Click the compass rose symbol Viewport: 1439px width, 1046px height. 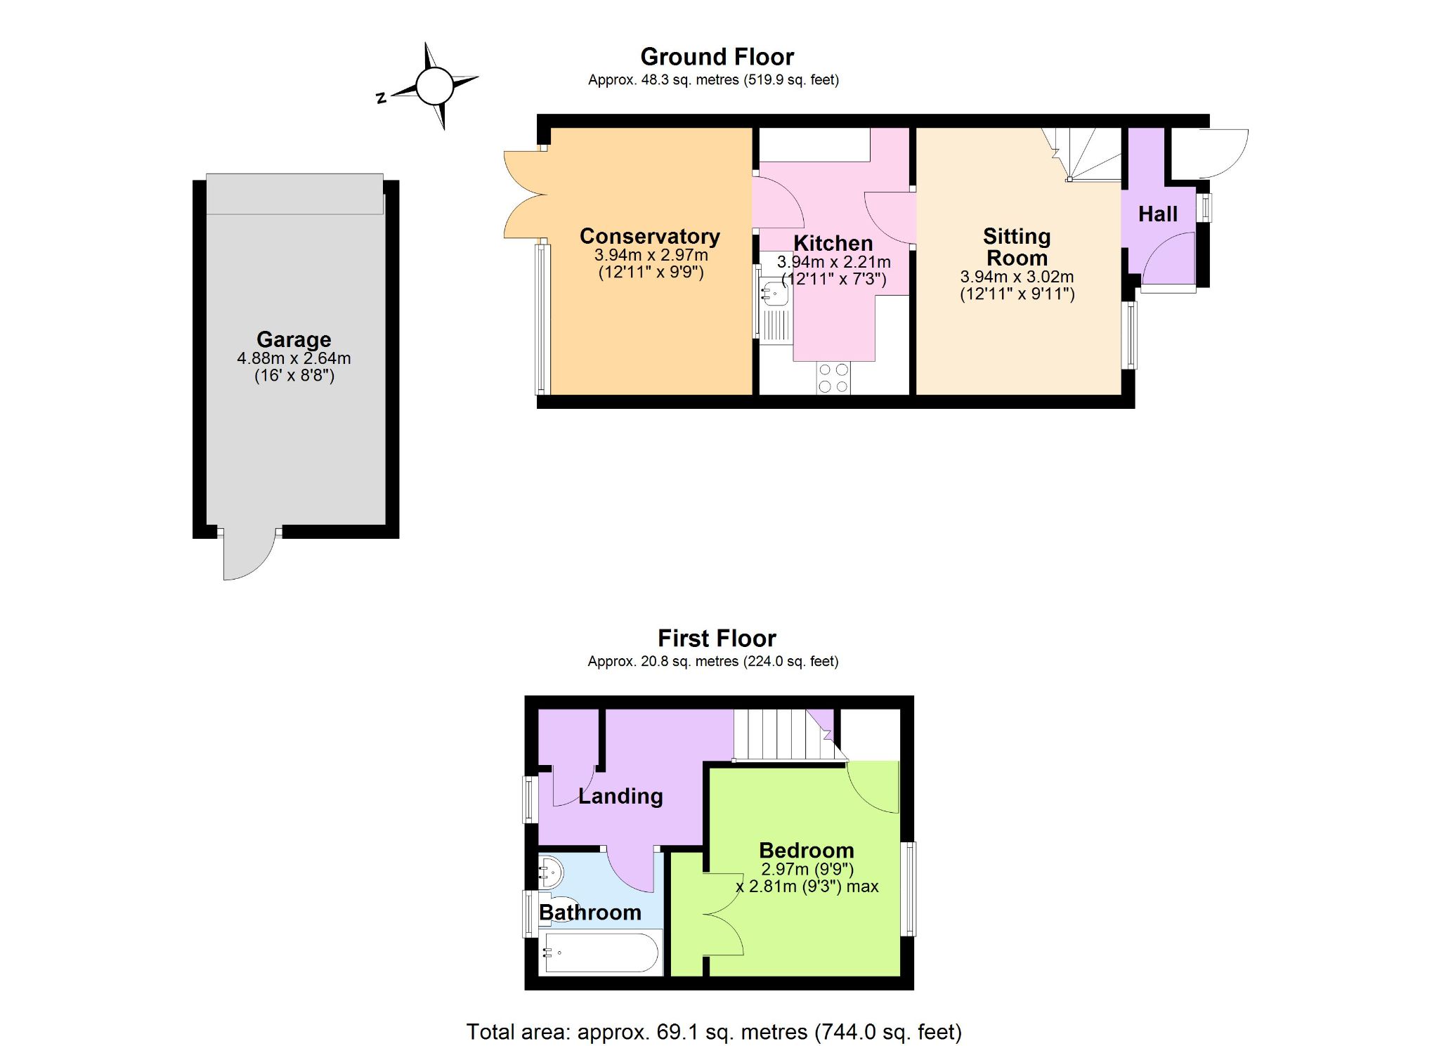point(435,86)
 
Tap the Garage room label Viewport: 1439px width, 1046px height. point(294,339)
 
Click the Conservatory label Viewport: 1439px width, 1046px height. point(650,236)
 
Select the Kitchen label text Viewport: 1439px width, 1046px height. point(833,243)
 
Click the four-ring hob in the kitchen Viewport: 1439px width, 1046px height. point(833,378)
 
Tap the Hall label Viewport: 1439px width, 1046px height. point(1158,214)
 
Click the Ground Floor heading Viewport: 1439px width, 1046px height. point(717,56)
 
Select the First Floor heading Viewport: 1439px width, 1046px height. point(717,638)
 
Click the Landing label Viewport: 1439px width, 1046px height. point(620,796)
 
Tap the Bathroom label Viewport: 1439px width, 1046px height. point(590,912)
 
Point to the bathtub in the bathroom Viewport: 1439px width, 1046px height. point(601,953)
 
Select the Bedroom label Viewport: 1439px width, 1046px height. point(807,850)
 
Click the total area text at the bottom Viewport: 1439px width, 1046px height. point(714,1031)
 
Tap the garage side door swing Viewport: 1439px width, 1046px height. point(249,554)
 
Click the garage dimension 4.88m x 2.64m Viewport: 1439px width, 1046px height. point(294,358)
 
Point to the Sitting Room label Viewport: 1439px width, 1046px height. point(1017,247)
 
